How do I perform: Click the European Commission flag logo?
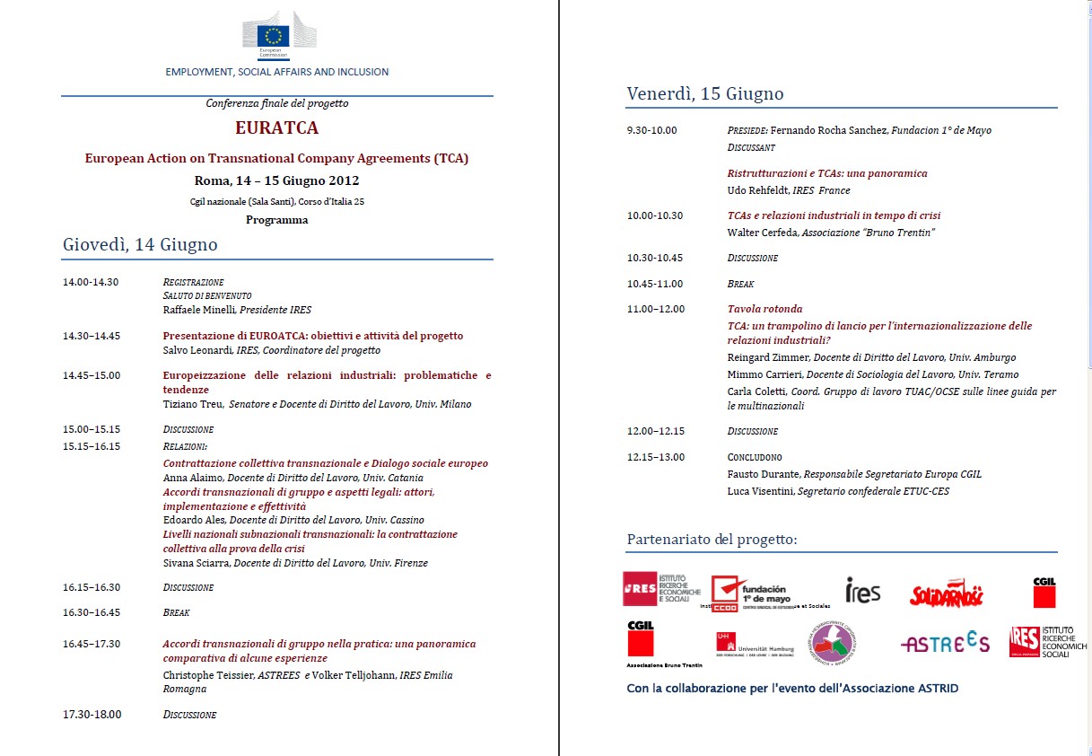tap(274, 35)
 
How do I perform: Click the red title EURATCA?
tap(276, 128)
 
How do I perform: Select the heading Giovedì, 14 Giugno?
tap(140, 245)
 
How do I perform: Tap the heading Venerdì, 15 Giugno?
tap(705, 93)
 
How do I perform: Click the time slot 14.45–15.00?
tap(92, 375)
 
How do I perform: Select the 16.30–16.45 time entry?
tap(92, 612)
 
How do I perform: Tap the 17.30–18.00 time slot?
tap(92, 715)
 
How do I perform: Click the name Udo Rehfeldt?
tap(757, 190)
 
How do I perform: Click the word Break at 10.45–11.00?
tap(741, 284)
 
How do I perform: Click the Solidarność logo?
tap(947, 593)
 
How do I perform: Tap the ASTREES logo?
tap(945, 643)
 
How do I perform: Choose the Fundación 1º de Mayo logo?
tap(751, 592)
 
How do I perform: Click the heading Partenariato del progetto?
tap(712, 540)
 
